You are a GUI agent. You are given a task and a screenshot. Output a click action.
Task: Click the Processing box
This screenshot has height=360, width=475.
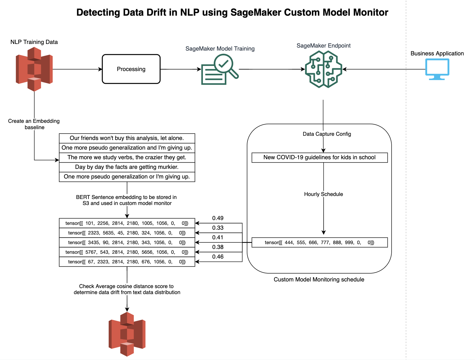pyautogui.click(x=131, y=69)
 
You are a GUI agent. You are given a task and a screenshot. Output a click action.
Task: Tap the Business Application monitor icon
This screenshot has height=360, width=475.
pyautogui.click(x=437, y=69)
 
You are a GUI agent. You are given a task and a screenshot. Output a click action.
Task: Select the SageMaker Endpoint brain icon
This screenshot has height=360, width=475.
pyautogui.click(x=323, y=69)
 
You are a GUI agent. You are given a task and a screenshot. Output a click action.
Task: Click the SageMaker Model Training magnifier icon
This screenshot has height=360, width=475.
pyautogui.click(x=220, y=70)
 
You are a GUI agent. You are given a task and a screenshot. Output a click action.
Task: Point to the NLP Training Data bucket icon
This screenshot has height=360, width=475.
pyautogui.click(x=34, y=69)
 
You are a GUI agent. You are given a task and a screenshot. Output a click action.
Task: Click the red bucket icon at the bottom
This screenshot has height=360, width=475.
pyautogui.click(x=127, y=334)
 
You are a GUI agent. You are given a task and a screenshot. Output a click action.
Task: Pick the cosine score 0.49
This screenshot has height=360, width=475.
pyautogui.click(x=218, y=218)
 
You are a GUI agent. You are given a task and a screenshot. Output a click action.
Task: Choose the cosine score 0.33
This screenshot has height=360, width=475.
pyautogui.click(x=218, y=228)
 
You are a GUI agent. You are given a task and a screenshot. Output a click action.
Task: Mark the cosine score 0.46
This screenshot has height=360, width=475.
pyautogui.click(x=218, y=257)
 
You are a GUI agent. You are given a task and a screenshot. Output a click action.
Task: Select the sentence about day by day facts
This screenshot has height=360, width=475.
pyautogui.click(x=127, y=167)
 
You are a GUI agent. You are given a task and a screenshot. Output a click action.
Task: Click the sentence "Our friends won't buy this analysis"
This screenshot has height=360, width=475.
pyautogui.click(x=127, y=138)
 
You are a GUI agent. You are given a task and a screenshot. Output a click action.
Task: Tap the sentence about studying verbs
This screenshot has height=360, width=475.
pyautogui.click(x=127, y=157)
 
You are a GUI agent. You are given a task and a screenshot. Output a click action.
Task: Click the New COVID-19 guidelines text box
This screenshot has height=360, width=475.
pyautogui.click(x=319, y=157)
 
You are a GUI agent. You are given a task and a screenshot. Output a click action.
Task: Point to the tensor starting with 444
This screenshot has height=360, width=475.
pyautogui.click(x=319, y=243)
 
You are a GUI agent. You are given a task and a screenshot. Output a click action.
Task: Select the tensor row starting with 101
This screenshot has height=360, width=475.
pyautogui.click(x=127, y=223)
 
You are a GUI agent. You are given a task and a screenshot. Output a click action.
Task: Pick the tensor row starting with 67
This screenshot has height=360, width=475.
pyautogui.click(x=127, y=262)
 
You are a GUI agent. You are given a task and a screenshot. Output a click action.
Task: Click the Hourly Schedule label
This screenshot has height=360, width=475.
pyautogui.click(x=323, y=194)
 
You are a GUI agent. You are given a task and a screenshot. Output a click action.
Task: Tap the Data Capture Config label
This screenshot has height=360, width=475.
pyautogui.click(x=327, y=134)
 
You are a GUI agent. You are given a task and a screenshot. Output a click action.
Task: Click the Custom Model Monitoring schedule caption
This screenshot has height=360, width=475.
pyautogui.click(x=319, y=280)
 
